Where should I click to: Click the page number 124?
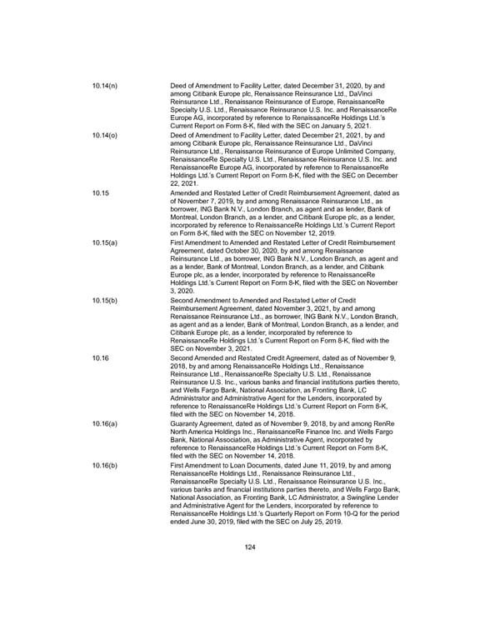(249, 546)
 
